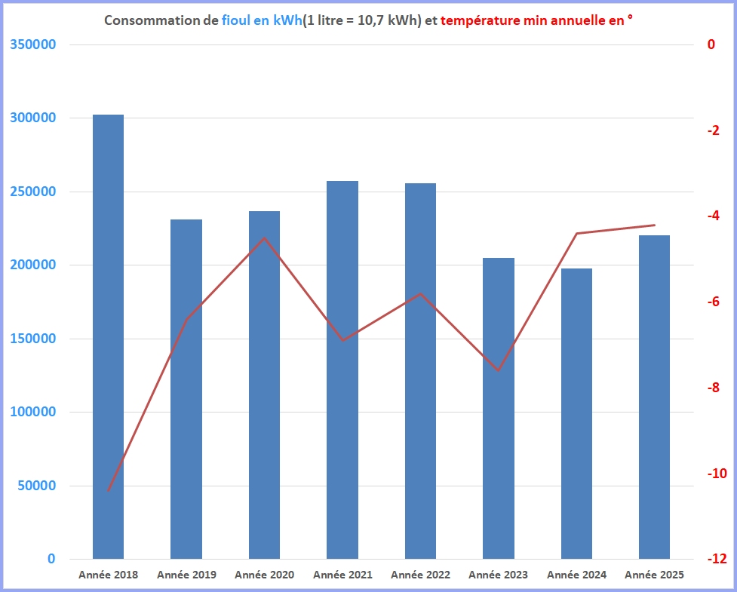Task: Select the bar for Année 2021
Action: [342, 370]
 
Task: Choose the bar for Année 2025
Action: [654, 397]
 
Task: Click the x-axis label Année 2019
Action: [186, 575]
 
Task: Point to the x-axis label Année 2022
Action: [420, 575]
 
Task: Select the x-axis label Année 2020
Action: [264, 575]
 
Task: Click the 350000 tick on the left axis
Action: [33, 44]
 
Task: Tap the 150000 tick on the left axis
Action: [33, 339]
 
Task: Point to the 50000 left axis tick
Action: [36, 486]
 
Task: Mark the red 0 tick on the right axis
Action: [711, 44]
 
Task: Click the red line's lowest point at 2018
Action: [109, 491]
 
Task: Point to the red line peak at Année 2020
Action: [265, 238]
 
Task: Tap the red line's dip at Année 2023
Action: [499, 370]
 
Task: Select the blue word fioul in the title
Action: [237, 20]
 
